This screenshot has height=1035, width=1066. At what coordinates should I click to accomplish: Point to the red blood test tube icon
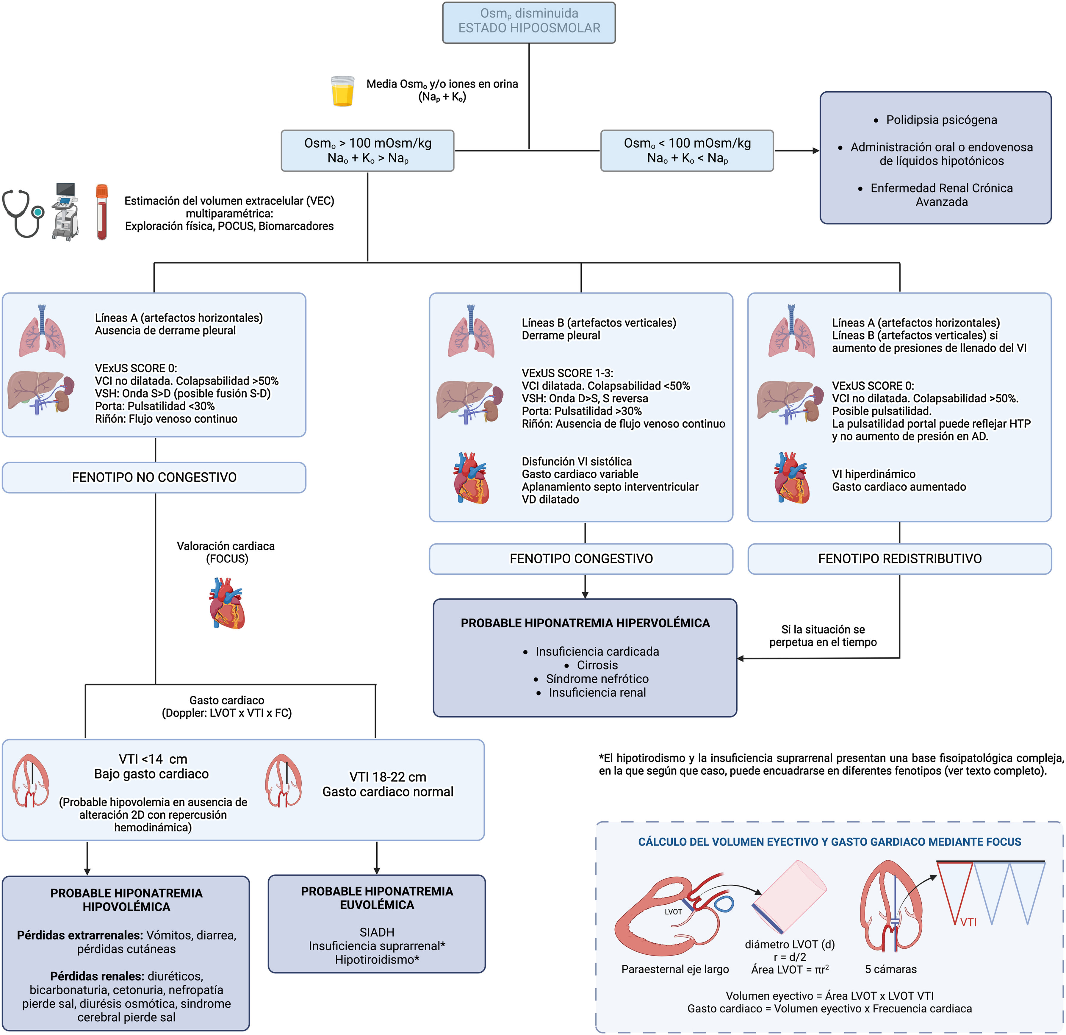tap(102, 212)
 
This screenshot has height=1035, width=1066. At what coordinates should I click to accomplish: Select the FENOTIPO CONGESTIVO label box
tap(581, 559)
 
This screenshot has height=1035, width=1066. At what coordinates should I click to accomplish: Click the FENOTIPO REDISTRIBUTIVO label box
tap(900, 559)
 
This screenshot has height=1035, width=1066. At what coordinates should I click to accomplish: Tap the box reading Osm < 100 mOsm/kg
tap(687, 151)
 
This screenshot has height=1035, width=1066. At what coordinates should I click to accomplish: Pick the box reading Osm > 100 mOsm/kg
tap(368, 151)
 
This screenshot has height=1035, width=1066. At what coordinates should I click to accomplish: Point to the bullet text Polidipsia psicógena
tap(941, 120)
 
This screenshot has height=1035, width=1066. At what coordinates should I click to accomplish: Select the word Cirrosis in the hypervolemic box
tap(597, 665)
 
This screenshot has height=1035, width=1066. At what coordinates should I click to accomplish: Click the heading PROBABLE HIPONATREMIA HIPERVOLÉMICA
tap(585, 623)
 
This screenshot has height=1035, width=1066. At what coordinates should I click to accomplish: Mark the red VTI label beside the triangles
tap(968, 922)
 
